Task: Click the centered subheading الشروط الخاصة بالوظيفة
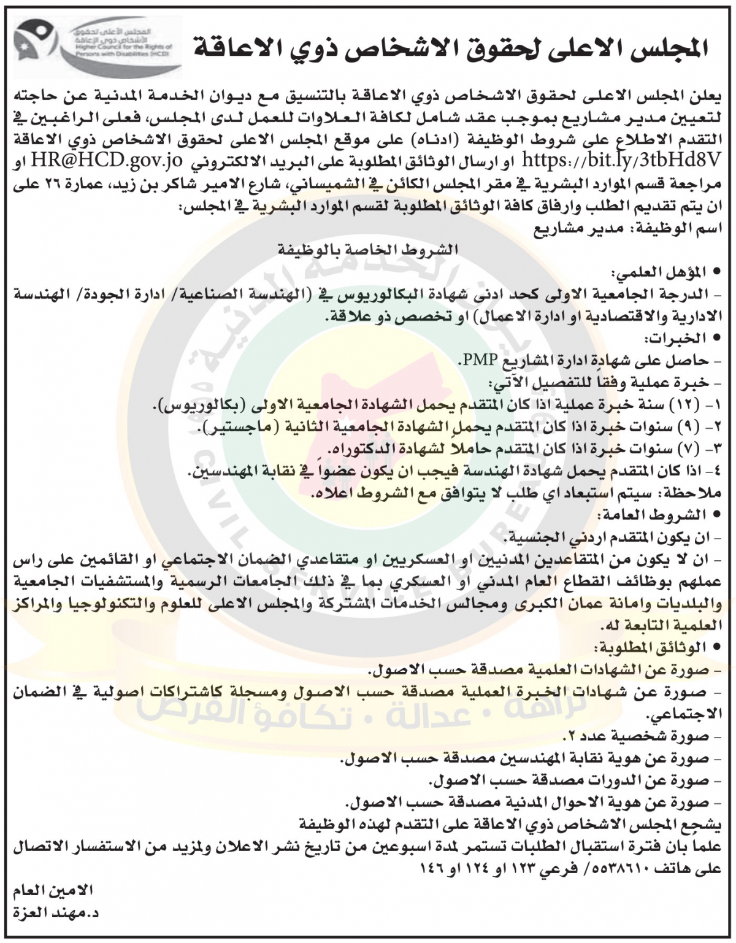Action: coord(369,251)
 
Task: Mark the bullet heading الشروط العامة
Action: coord(666,514)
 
